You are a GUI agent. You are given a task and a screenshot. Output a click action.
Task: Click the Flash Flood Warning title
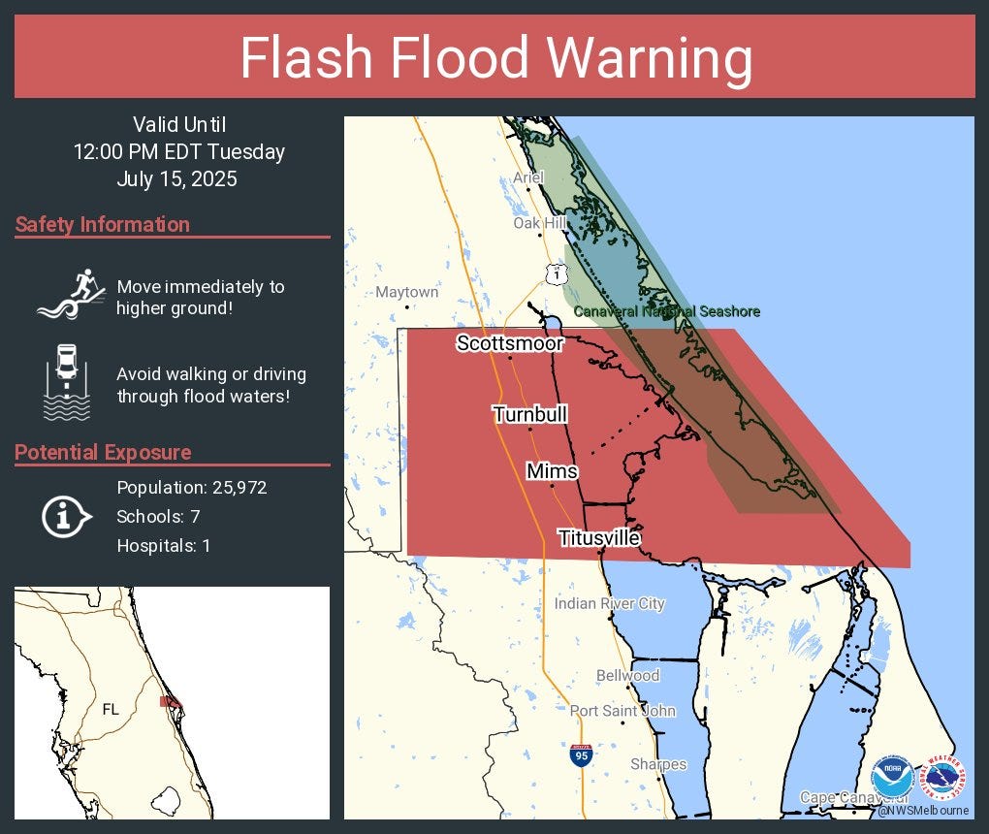[x=495, y=58]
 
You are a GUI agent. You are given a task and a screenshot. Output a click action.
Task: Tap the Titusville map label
[x=598, y=537]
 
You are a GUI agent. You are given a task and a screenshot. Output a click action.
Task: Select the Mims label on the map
[x=552, y=471]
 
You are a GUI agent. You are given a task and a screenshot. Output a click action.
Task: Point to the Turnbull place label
[x=529, y=415]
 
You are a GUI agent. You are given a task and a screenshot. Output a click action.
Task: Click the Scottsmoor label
[x=510, y=343]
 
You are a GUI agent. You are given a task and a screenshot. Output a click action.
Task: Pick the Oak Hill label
[x=540, y=223]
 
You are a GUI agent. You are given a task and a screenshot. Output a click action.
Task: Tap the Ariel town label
[x=528, y=177]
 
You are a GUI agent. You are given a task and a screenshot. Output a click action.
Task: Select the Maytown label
[x=407, y=292]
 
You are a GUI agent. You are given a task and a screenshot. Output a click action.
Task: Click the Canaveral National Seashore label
[x=667, y=311]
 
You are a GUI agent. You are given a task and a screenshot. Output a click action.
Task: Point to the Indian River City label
[x=610, y=604]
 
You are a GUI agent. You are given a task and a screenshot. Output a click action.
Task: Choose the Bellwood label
[x=627, y=675]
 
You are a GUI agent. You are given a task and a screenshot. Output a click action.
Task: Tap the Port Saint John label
[x=622, y=711]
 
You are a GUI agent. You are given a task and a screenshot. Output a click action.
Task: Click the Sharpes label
[x=658, y=764]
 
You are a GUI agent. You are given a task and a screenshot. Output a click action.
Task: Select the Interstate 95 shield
[x=579, y=755]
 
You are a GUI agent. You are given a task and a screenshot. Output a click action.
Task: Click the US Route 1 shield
[x=555, y=274]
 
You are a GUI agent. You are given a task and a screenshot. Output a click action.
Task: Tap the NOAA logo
[x=891, y=778]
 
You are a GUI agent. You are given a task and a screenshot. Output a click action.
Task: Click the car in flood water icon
[x=67, y=382]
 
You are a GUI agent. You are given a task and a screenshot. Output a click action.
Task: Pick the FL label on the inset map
[x=111, y=709]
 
